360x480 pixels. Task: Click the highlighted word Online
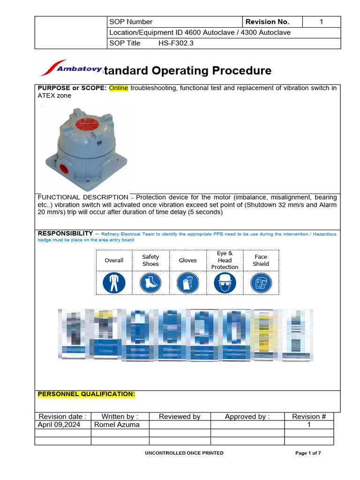[119, 88]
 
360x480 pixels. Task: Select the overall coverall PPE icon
[114, 283]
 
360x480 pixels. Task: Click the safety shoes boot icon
[150, 283]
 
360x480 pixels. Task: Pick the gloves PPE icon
[187, 283]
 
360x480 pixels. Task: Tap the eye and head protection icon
[225, 283]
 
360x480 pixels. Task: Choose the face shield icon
[261, 283]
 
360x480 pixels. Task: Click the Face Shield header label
[261, 260]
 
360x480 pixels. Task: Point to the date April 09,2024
[59, 425]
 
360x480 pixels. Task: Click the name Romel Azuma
[117, 425]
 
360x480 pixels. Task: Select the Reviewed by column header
[180, 416]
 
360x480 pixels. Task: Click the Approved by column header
[247, 416]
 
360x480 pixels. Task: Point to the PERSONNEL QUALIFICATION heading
[86, 394]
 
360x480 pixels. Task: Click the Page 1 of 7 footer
[308, 453]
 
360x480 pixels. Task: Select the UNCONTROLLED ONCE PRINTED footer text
[184, 453]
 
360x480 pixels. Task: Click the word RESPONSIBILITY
[65, 233]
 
